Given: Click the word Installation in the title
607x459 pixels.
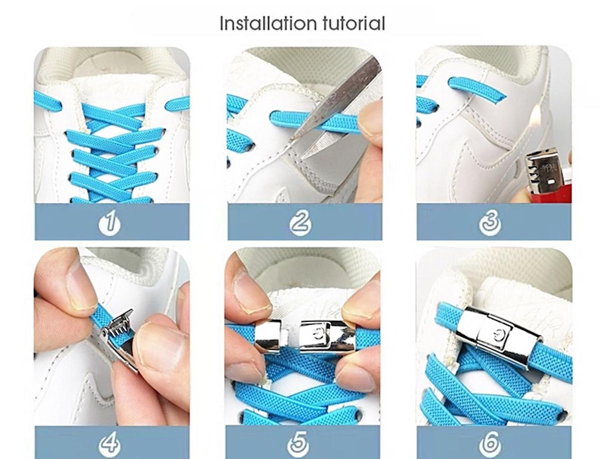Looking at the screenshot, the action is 267,23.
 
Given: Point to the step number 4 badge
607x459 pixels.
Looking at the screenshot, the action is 110,444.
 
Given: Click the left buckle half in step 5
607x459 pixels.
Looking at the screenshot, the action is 268,338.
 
